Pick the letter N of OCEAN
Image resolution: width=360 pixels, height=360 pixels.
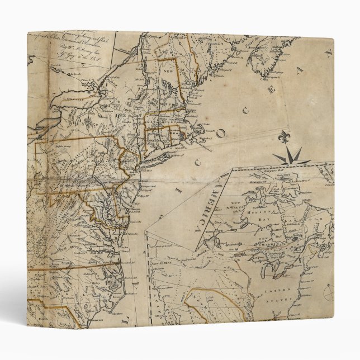(x=329, y=55)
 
